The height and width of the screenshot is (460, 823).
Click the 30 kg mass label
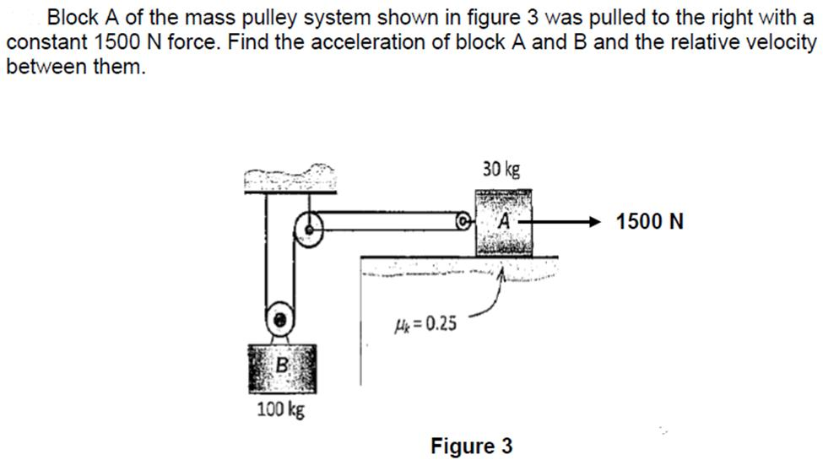501,169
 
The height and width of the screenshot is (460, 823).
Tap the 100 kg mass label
280,411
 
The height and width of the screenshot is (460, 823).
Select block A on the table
504,222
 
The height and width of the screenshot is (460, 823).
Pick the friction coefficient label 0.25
425,322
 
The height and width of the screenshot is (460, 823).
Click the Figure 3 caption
471,445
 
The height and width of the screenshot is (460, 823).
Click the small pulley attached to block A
463,223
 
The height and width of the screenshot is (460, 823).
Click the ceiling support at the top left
289,179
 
